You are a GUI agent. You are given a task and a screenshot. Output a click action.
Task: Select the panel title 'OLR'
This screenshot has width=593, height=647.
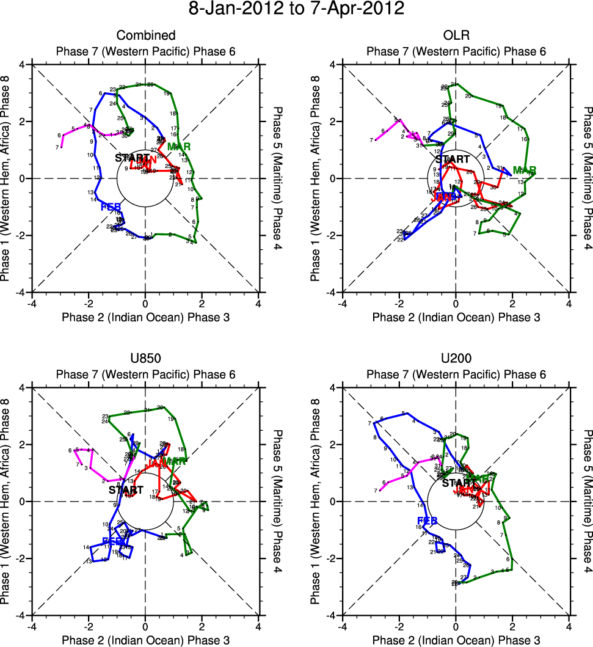coord(456,35)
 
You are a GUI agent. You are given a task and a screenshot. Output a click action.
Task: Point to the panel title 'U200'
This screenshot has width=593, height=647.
coord(456,359)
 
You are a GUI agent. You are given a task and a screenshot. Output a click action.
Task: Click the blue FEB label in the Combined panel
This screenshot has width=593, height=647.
coord(111,207)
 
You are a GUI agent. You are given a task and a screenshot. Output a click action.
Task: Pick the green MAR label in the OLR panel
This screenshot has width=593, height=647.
coord(525,169)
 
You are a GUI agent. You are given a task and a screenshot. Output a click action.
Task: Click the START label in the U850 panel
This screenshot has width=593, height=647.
coord(126,489)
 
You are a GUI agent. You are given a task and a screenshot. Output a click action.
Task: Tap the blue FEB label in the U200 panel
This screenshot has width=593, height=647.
coord(427,521)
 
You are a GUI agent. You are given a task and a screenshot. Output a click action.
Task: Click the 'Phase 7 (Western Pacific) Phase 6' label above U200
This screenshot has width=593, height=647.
coord(456,374)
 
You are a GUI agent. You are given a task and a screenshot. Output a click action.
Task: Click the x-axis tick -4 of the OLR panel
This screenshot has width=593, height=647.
coord(343,303)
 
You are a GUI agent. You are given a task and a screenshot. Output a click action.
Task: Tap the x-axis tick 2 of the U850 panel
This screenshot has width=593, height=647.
coord(202,626)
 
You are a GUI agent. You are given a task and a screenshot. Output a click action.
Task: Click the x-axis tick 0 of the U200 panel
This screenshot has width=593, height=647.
coord(456,626)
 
